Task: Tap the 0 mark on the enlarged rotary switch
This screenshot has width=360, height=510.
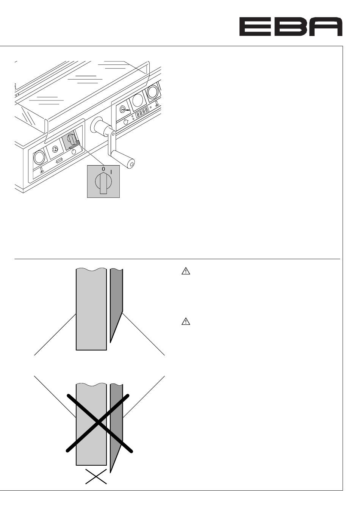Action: [x=103, y=169]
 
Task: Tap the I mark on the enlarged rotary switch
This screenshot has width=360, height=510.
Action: [x=111, y=172]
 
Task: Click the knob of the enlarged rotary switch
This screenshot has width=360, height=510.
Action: [x=103, y=183]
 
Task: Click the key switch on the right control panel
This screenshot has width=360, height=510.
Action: [x=124, y=109]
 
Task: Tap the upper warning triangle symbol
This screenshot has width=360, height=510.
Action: [x=186, y=271]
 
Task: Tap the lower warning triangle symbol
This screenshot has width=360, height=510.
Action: [x=186, y=321]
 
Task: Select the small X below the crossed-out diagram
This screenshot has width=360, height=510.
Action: [x=96, y=476]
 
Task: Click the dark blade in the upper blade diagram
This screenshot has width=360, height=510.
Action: [x=116, y=303]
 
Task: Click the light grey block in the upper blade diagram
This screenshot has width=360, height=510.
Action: [x=91, y=309]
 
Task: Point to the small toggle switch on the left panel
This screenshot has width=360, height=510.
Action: [x=55, y=149]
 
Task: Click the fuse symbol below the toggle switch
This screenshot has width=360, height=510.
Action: [x=59, y=161]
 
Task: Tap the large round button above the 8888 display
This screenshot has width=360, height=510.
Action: [x=138, y=100]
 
